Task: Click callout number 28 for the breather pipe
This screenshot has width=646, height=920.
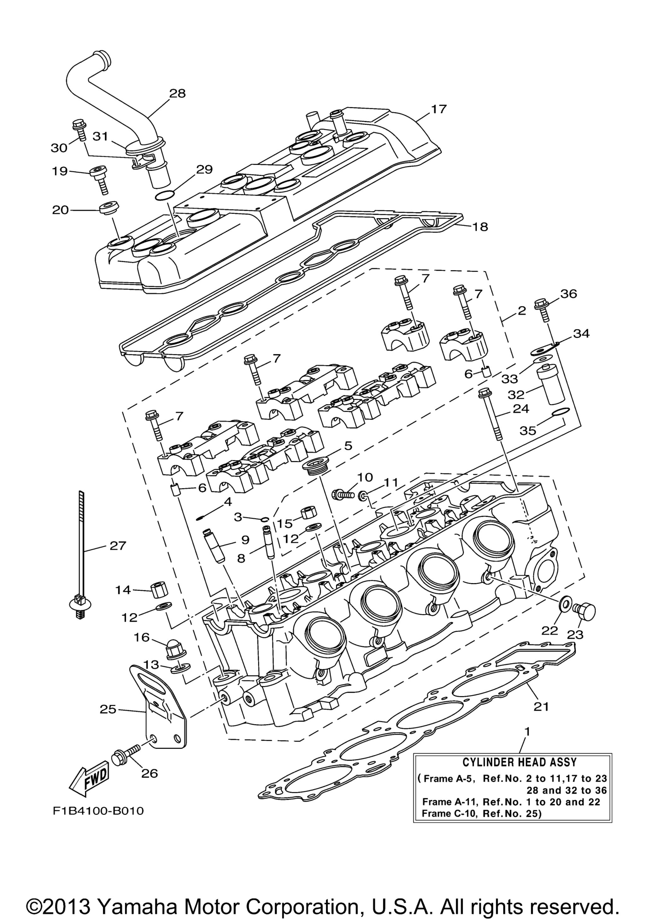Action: click(x=177, y=93)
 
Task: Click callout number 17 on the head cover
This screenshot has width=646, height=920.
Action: click(x=438, y=109)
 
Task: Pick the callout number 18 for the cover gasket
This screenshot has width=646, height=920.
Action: click(x=480, y=227)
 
